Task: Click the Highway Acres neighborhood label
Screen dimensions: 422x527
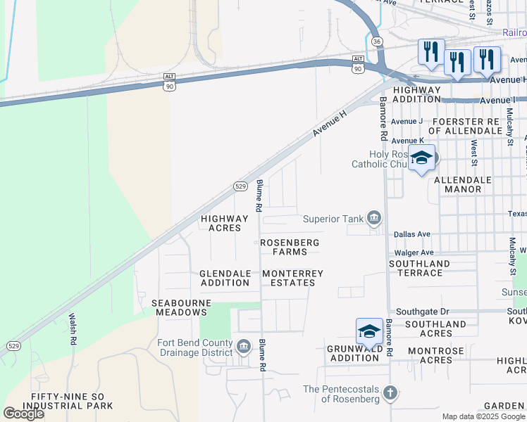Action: coord(225,223)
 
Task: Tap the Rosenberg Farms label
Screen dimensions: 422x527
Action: coord(290,247)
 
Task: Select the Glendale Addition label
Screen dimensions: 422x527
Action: coord(225,278)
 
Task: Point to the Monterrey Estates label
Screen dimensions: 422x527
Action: coord(292,278)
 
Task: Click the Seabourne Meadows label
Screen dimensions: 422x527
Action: coord(179,307)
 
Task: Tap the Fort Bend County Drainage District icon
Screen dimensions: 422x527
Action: coord(244,346)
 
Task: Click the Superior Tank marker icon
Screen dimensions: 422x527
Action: coord(374,219)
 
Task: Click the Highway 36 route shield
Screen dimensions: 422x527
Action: coord(377,41)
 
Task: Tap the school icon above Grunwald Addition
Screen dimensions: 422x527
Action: coord(369,331)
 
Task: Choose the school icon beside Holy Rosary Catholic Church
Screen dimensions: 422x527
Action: coord(421,158)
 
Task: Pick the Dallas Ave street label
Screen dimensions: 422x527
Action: coord(412,234)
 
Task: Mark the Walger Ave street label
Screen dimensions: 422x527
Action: coord(414,252)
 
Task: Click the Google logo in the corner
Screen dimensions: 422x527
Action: coord(23,414)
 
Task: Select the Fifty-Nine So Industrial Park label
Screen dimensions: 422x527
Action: coord(68,402)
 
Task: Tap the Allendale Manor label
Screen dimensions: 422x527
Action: coord(462,184)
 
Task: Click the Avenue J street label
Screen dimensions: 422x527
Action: coord(407,121)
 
